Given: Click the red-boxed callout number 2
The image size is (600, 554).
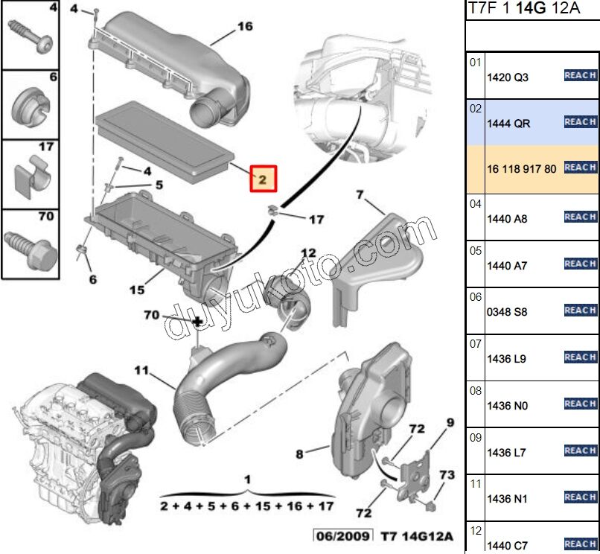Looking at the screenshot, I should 262,179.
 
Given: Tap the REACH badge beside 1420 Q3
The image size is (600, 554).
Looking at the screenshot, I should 580,75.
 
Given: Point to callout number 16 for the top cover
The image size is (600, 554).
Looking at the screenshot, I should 245,27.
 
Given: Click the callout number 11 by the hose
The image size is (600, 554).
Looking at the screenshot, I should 141,370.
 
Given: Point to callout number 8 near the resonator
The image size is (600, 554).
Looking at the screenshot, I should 299,453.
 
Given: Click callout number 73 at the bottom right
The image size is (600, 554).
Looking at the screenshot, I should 446,475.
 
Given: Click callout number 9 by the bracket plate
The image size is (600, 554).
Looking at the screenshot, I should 450,423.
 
